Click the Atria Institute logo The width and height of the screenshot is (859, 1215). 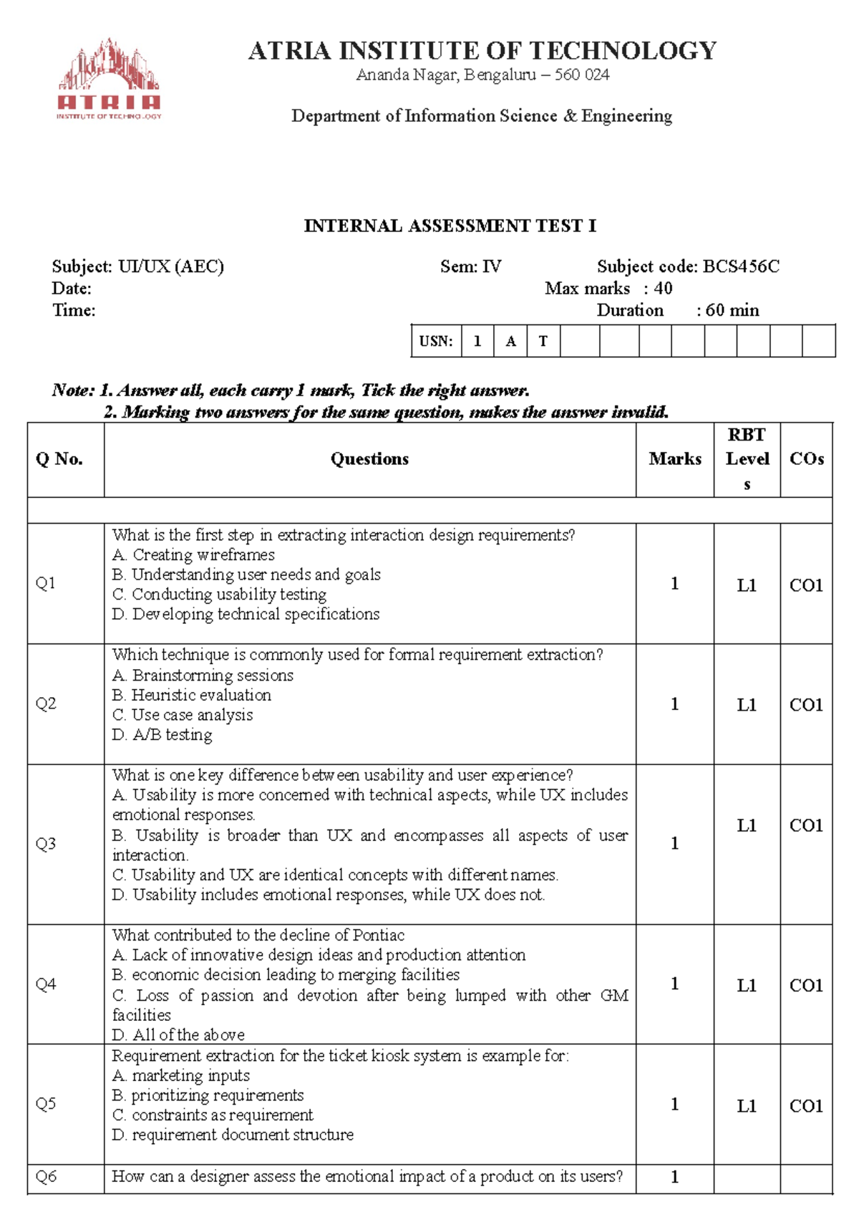pyautogui.click(x=109, y=79)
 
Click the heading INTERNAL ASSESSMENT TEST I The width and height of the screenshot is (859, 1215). pyautogui.click(x=450, y=226)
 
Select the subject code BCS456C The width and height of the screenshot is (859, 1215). pyautogui.click(x=741, y=267)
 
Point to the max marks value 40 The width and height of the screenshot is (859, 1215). pyautogui.click(x=663, y=289)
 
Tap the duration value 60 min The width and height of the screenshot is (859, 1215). pyautogui.click(x=732, y=310)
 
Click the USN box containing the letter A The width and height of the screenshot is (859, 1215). pyautogui.click(x=510, y=341)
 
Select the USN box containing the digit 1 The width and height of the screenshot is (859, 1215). pyautogui.click(x=477, y=341)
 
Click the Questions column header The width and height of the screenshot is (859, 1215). pyautogui.click(x=369, y=459)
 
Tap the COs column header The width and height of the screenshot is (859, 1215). pyautogui.click(x=806, y=459)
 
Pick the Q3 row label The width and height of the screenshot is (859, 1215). pyautogui.click(x=46, y=844)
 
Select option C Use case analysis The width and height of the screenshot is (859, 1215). pyautogui.click(x=183, y=715)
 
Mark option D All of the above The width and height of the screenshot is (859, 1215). pyautogui.click(x=179, y=1035)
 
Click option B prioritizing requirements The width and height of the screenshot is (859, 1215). pyautogui.click(x=208, y=1095)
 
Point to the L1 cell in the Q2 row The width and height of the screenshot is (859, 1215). pyautogui.click(x=747, y=705)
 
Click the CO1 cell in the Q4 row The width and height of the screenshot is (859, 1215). pyautogui.click(x=806, y=986)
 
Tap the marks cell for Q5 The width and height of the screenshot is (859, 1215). pyautogui.click(x=674, y=1105)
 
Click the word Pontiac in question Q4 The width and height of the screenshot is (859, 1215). pyautogui.click(x=379, y=936)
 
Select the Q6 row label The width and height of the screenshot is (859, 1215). pyautogui.click(x=46, y=1176)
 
